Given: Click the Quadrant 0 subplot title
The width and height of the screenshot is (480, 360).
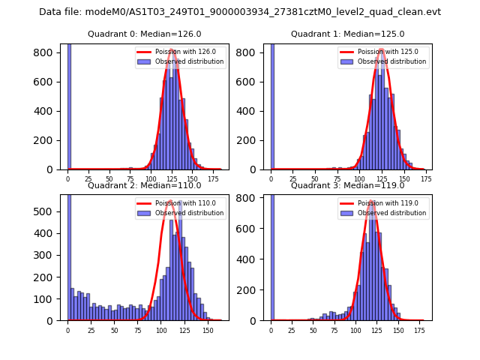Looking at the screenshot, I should (x=144, y=34).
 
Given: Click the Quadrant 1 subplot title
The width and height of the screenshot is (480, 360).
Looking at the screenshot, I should (x=347, y=34).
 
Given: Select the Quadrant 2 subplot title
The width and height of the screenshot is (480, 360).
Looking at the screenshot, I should (x=144, y=185).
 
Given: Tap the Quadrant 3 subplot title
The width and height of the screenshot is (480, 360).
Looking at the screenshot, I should (x=347, y=185).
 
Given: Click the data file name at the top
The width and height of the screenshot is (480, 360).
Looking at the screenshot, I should (x=240, y=12).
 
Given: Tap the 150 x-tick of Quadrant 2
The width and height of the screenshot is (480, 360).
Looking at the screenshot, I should (x=208, y=330).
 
